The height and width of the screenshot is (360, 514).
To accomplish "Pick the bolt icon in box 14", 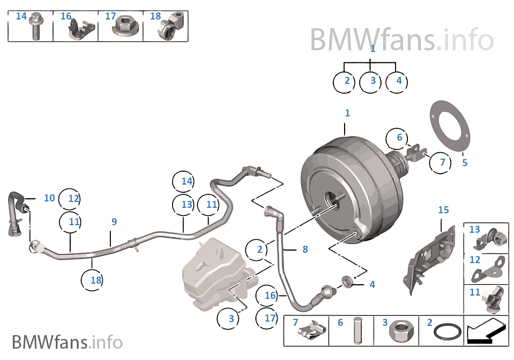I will pyautogui.click(x=36, y=28).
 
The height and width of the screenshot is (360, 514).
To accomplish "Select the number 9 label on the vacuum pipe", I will pyautogui.click(x=114, y=221).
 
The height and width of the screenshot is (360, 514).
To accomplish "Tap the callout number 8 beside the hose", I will pyautogui.click(x=305, y=250).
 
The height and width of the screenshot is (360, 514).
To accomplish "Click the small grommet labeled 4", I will pyautogui.click(x=347, y=282).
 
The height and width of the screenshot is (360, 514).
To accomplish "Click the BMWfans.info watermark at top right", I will pyautogui.click(x=401, y=39).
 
